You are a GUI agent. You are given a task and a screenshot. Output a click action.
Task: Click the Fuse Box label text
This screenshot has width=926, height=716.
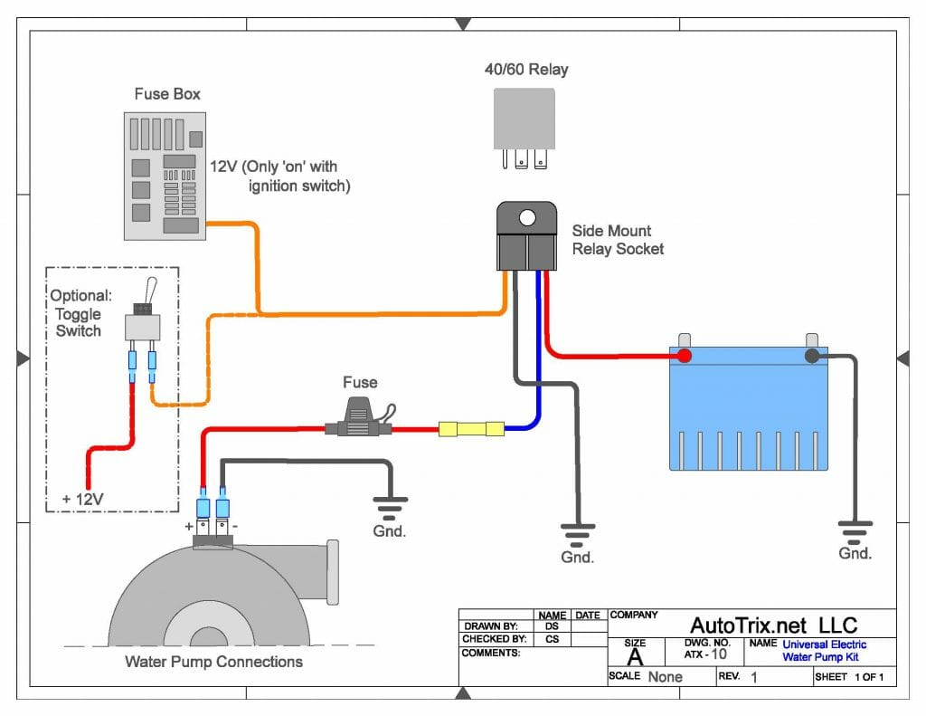(167, 94)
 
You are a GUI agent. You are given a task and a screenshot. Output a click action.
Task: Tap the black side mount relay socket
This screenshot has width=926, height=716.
(525, 237)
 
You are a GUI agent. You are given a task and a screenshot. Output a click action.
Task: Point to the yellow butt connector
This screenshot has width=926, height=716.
(470, 428)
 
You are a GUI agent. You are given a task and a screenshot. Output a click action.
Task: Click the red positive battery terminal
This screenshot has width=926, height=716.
(685, 356)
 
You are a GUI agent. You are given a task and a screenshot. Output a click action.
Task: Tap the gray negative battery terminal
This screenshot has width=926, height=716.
(811, 356)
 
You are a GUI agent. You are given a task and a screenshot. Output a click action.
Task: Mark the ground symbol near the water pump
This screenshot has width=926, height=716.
(390, 505)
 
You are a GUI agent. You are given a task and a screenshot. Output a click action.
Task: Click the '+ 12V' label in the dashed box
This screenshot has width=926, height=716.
(82, 499)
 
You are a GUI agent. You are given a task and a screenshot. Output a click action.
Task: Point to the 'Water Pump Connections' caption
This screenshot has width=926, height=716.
(213, 662)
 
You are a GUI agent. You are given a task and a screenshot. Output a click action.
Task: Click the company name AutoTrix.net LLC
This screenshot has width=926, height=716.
(773, 625)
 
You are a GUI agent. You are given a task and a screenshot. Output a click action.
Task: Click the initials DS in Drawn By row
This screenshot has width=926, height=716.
(552, 625)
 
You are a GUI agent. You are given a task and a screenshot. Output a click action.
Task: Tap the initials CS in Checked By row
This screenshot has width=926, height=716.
(552, 639)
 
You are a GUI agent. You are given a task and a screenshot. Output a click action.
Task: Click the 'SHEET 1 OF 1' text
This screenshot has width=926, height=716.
(849, 677)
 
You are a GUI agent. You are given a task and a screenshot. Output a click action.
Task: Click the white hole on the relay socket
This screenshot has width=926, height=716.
(525, 218)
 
